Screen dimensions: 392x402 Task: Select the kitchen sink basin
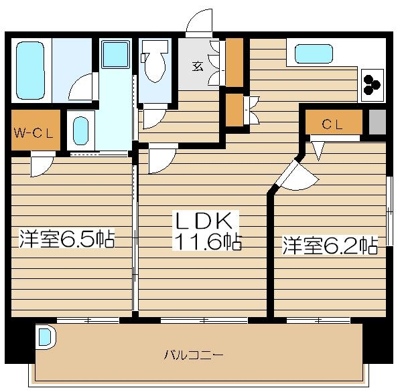313,53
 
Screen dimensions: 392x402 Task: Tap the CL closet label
333,124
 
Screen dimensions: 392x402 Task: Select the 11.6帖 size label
208,242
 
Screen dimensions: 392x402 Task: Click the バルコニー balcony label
194,354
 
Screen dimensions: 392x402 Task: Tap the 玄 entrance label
198,66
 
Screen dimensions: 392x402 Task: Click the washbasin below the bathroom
81,130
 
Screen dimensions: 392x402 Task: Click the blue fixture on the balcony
45,336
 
